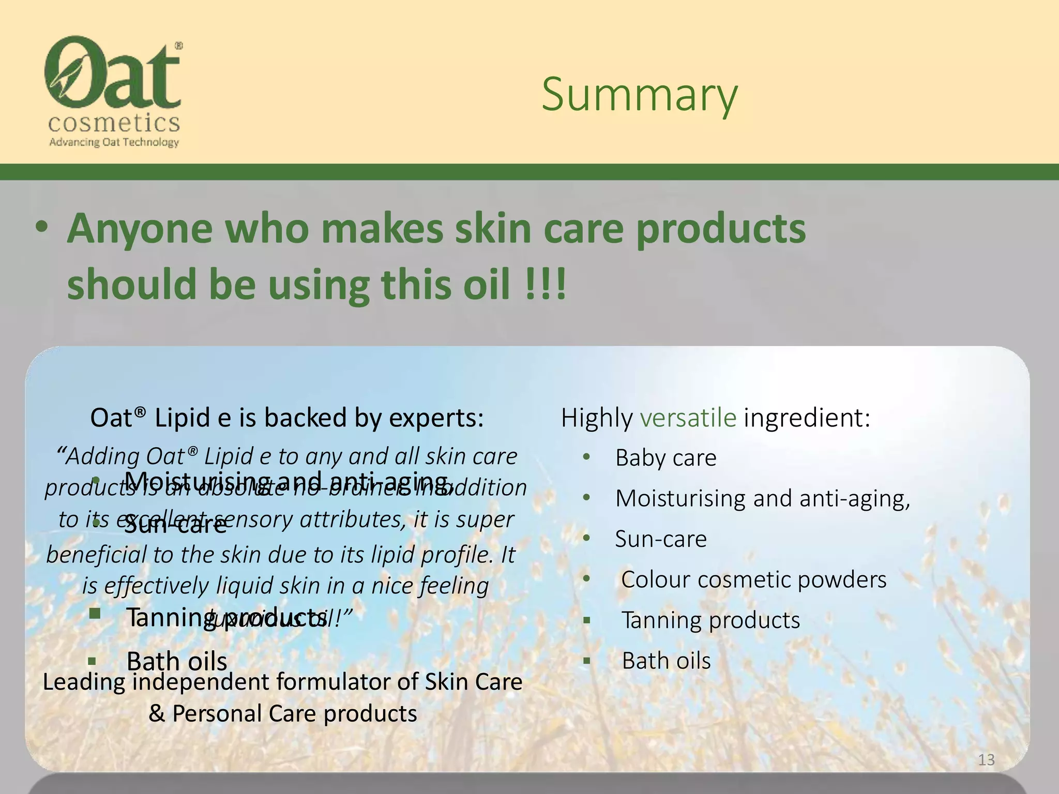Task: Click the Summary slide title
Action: (640, 95)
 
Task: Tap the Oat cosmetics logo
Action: (113, 83)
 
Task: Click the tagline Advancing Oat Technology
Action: (114, 142)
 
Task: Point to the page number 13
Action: (986, 760)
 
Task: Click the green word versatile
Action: (688, 418)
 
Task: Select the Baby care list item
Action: (665, 458)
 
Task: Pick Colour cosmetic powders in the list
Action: (753, 579)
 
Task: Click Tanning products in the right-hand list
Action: (710, 620)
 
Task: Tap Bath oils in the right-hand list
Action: (666, 661)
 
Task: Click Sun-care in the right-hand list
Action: (660, 539)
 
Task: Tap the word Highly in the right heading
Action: (597, 418)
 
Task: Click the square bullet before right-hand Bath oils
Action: (586, 661)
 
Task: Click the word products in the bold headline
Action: (720, 228)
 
